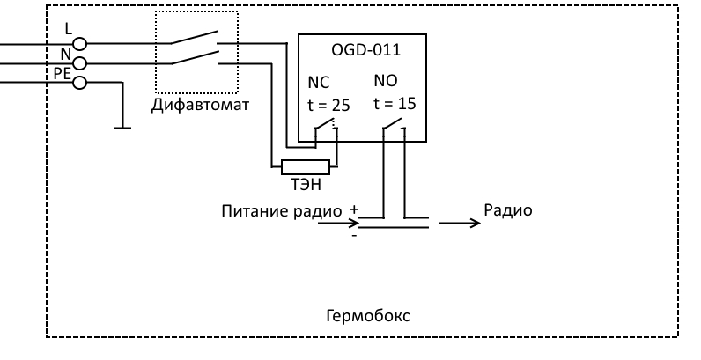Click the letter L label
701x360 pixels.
point(68,29)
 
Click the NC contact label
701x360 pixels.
point(318,84)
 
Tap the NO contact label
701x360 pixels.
point(385,81)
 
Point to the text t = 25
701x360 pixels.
point(328,105)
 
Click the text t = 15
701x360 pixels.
point(395,102)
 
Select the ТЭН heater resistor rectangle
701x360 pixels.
point(305,166)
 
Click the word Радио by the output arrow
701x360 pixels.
point(508,211)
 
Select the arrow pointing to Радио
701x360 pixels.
point(460,223)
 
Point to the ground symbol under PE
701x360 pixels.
point(118,127)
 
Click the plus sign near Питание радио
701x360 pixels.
point(354,211)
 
